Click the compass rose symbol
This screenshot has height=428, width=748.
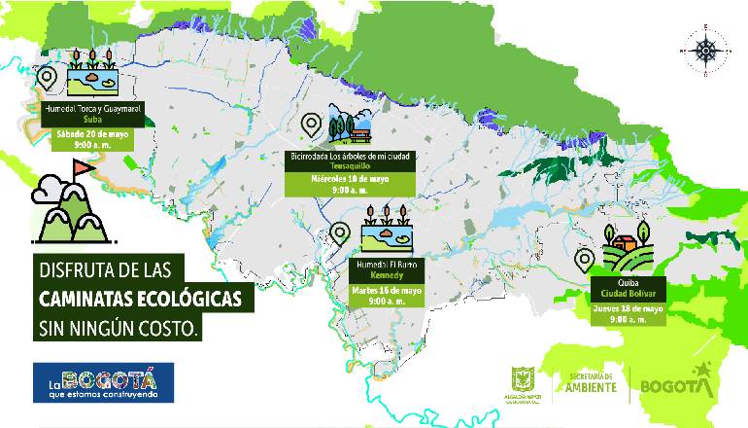(706, 48)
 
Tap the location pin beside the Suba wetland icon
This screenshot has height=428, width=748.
(46, 77)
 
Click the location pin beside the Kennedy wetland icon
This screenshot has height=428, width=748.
(340, 232)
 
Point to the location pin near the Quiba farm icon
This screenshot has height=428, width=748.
(585, 260)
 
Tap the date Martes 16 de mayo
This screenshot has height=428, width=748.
(386, 290)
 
